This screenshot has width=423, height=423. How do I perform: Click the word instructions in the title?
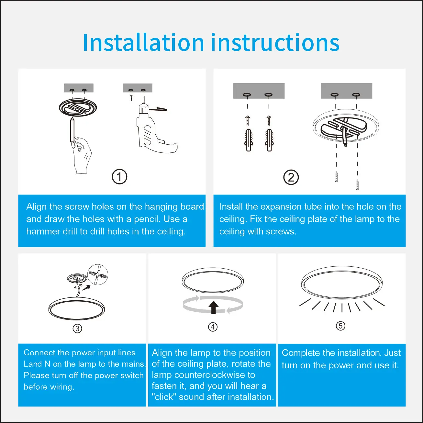tap(275, 42)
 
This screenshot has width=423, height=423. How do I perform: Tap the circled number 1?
tap(119, 177)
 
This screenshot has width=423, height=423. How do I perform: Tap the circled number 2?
tap(291, 177)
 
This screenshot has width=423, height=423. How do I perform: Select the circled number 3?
tap(77, 328)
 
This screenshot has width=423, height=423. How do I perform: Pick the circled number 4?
tap(213, 327)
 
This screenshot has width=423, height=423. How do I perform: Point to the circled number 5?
tap(340, 326)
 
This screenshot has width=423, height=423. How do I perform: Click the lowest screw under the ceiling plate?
tap(358, 185)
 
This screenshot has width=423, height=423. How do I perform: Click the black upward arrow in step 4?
tap(213, 307)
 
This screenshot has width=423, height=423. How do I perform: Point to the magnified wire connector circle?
tap(98, 274)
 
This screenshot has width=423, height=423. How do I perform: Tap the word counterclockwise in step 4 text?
tap(203, 375)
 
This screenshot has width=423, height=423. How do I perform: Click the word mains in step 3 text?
tap(134, 364)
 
